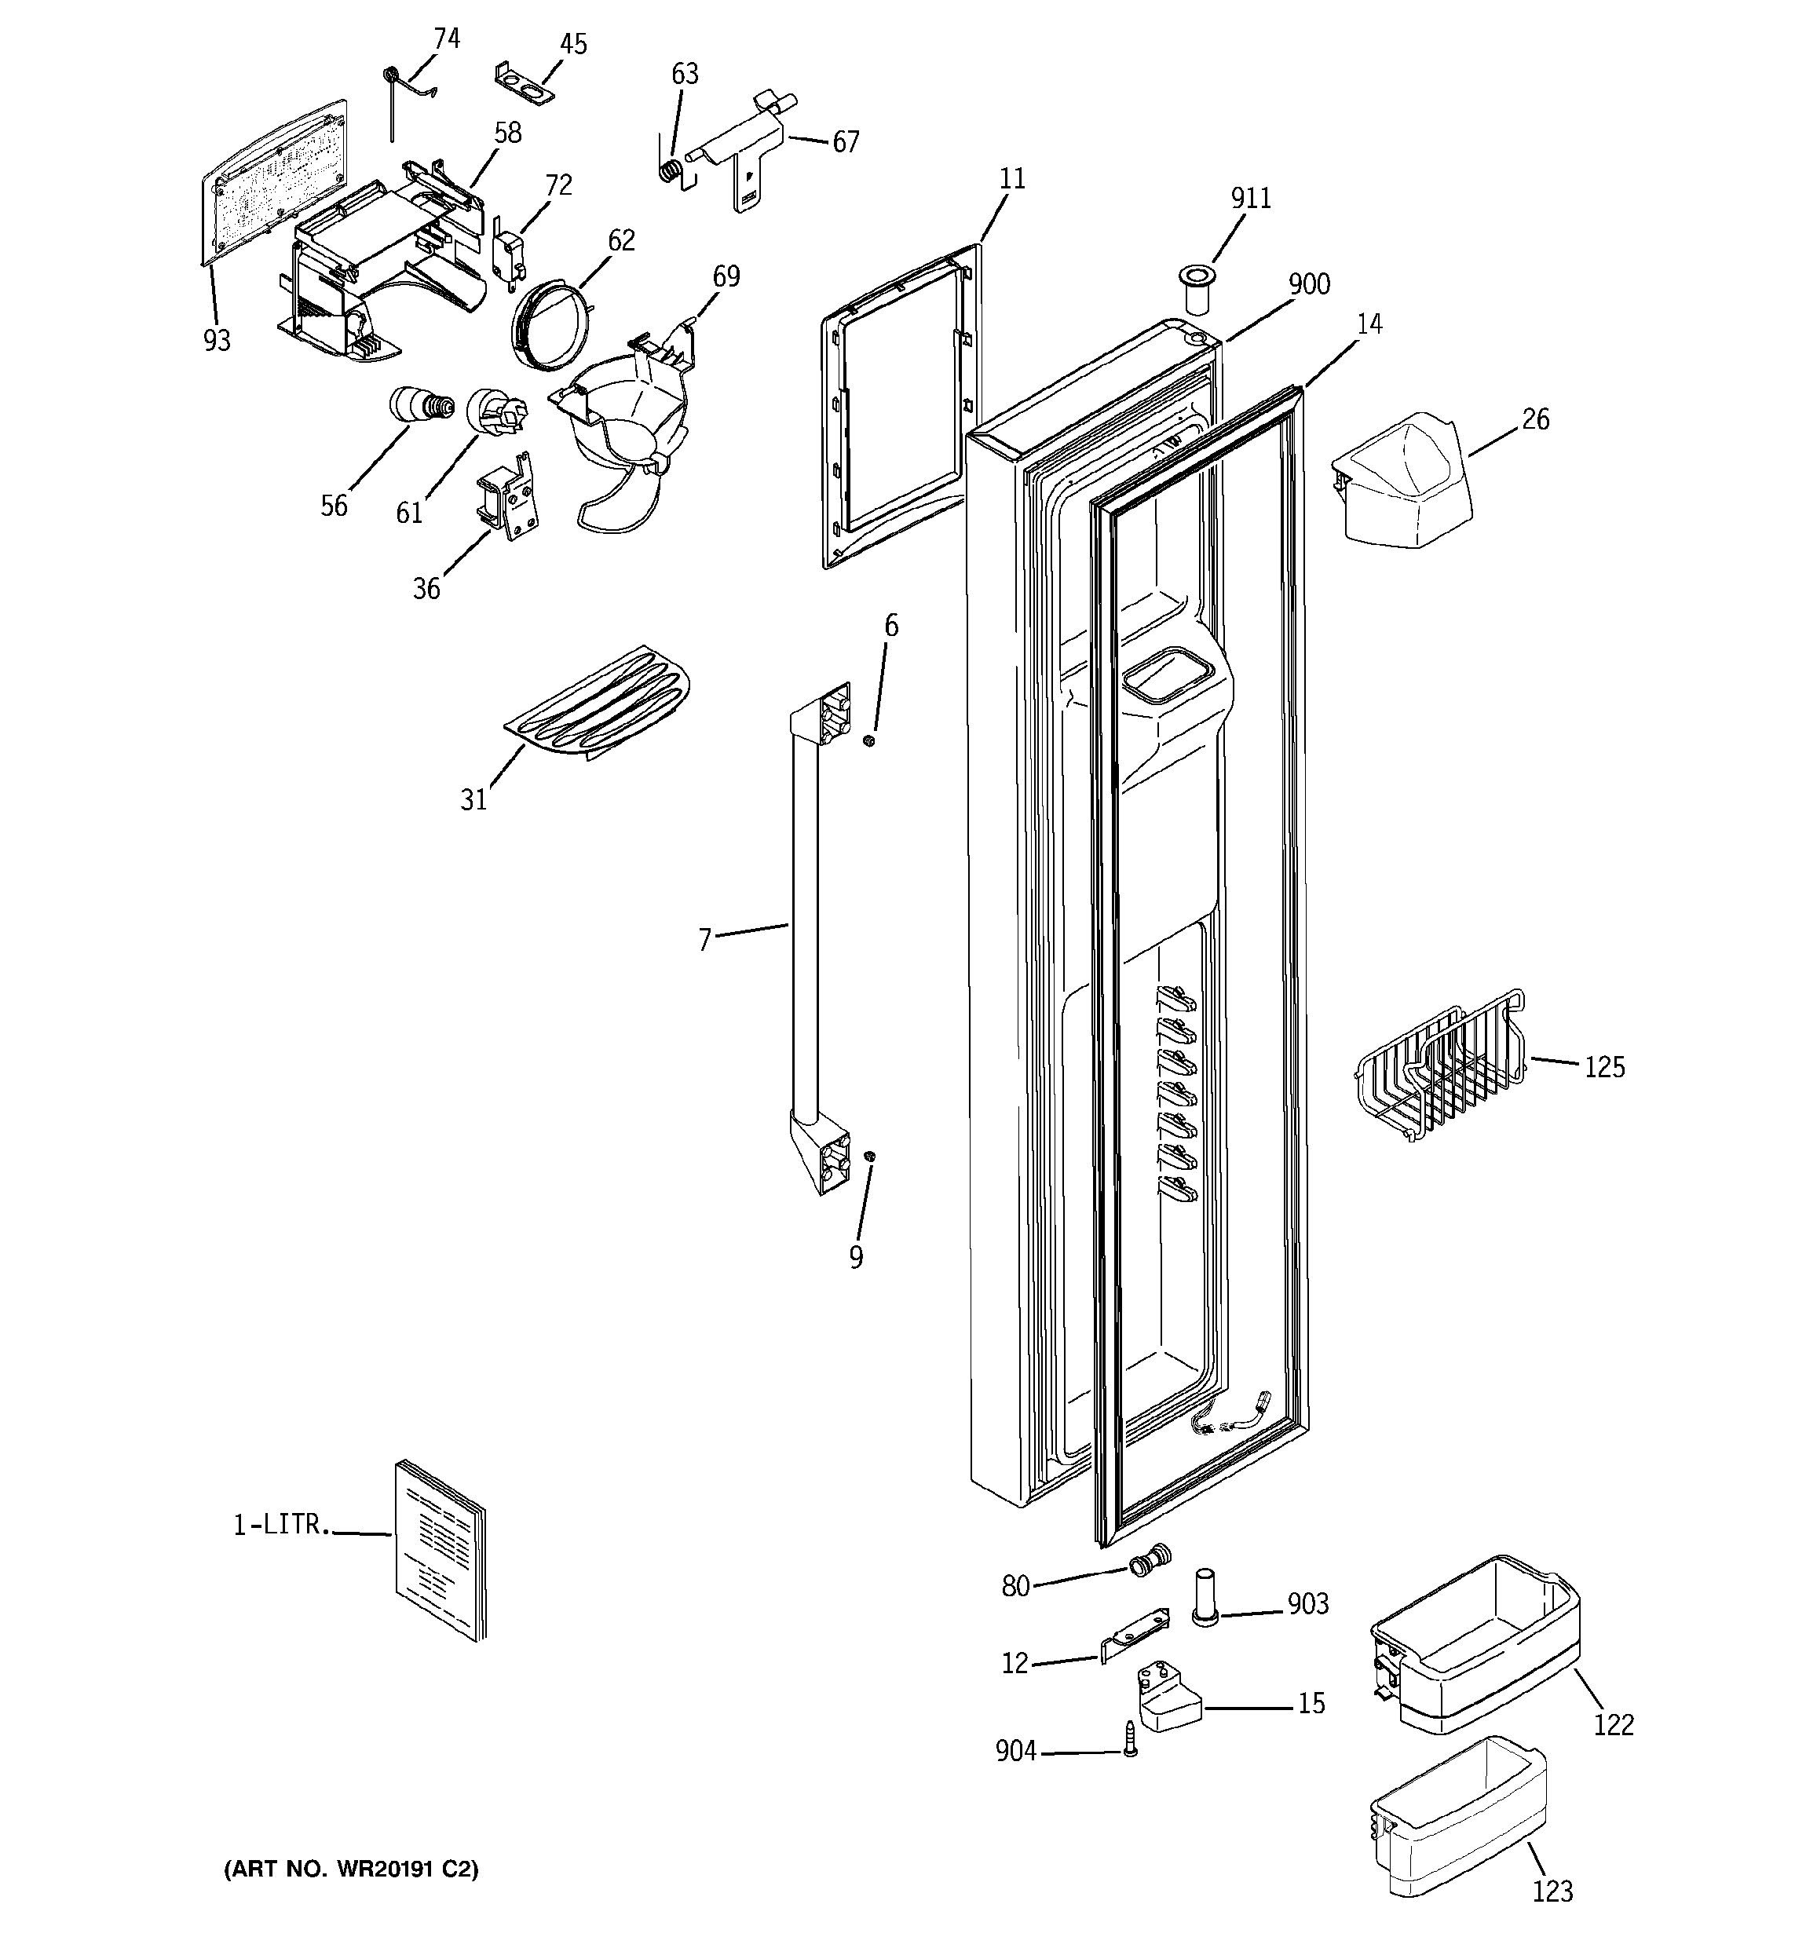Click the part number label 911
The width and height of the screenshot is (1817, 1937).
1251,199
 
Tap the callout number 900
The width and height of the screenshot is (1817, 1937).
1308,284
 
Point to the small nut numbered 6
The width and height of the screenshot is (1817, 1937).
870,741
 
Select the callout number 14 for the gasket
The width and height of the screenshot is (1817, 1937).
1369,324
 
